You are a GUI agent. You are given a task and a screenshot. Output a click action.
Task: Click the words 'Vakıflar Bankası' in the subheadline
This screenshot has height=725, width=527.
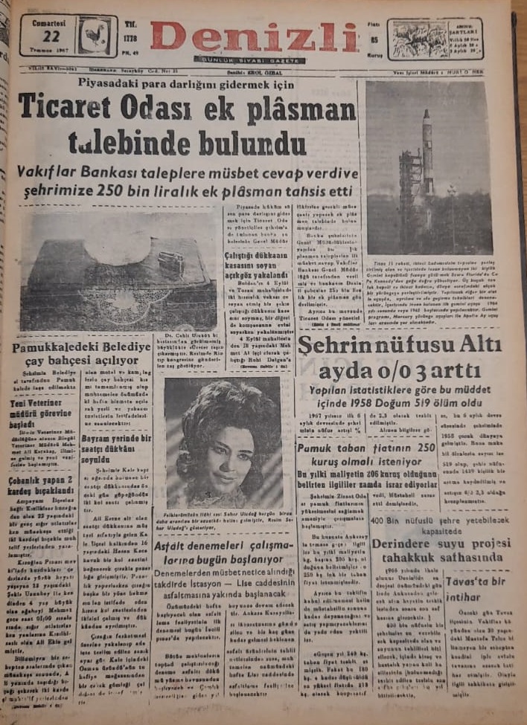[x=82, y=173]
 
